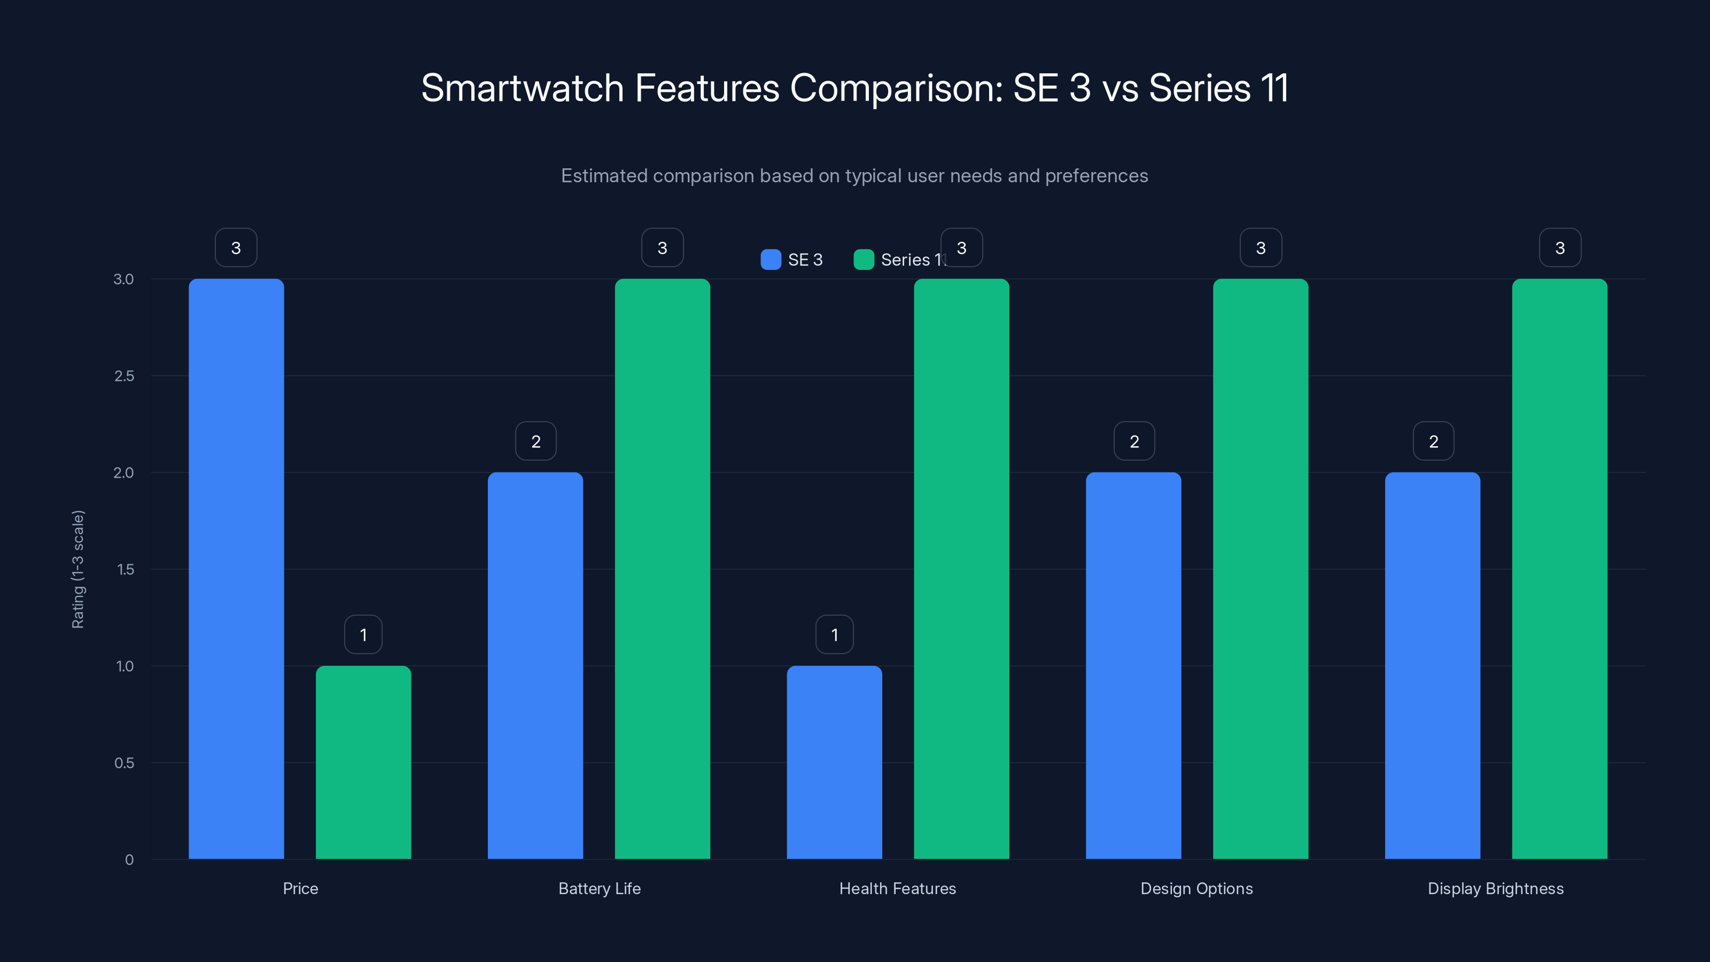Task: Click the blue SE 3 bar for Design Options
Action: [x=1133, y=665]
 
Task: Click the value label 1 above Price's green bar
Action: [x=363, y=635]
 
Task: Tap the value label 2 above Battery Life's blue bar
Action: [x=535, y=441]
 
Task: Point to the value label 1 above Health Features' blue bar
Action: [x=834, y=635]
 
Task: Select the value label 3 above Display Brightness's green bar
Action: [x=1560, y=247]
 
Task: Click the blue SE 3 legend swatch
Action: [x=771, y=260]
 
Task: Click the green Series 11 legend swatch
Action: [x=864, y=260]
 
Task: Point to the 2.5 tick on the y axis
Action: [x=124, y=376]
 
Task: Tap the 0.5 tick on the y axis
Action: [x=124, y=763]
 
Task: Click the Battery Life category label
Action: [x=600, y=888]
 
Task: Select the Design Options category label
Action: [x=1196, y=888]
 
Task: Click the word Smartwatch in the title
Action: [x=523, y=88]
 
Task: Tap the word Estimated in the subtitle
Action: [x=603, y=176]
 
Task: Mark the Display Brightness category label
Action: [x=1496, y=888]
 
